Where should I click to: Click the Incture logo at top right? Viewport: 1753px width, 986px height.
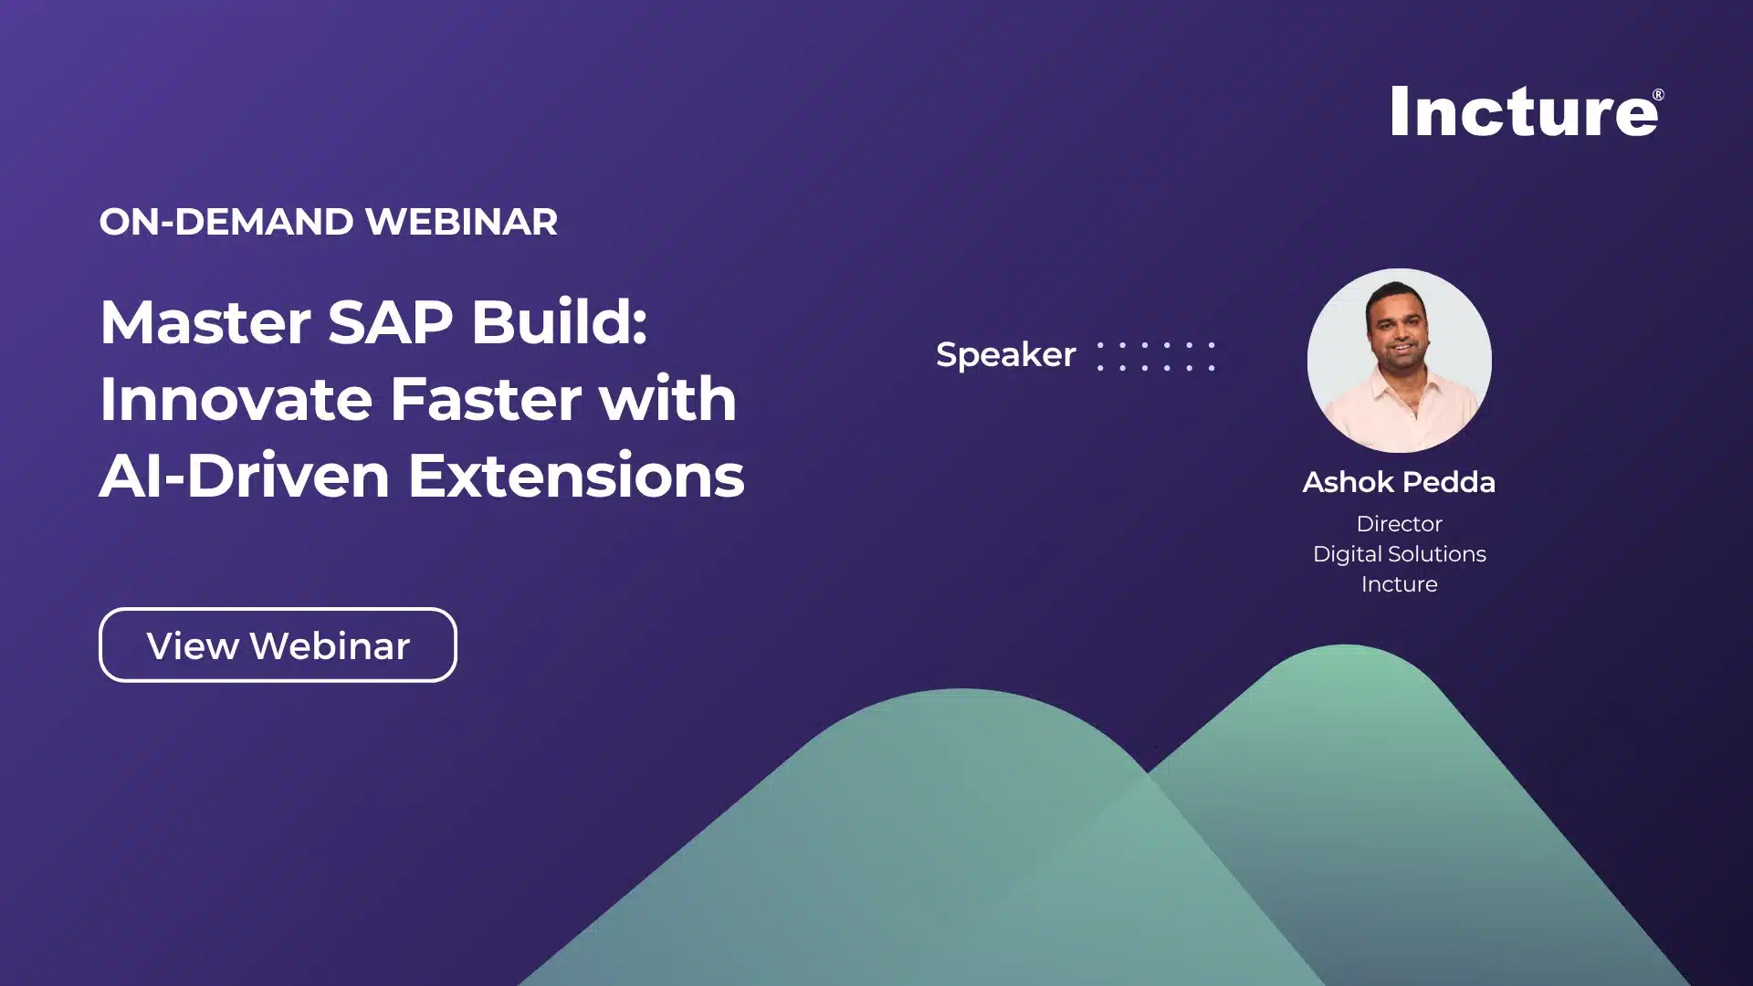pos(1523,112)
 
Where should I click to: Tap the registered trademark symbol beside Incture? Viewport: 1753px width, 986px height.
pos(1658,95)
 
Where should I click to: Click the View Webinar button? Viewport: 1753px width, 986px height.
pos(278,645)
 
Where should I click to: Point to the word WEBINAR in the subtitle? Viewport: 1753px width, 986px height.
pos(460,222)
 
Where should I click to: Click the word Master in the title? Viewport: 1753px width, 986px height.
pos(205,322)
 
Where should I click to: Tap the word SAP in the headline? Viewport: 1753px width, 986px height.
pos(390,322)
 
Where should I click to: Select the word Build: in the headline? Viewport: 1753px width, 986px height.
pos(559,322)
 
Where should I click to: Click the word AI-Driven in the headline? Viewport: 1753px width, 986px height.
pos(244,477)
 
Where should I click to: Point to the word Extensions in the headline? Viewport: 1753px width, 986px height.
pos(576,477)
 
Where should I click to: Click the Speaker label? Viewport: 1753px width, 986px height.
pos(1005,354)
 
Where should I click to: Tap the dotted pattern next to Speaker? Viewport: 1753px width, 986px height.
pos(1156,356)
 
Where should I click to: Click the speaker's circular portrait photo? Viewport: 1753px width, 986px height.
pos(1399,361)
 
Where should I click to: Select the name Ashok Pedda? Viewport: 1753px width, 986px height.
pos(1399,482)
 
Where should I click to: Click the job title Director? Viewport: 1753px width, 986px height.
pos(1399,524)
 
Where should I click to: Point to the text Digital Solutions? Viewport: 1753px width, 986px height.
pos(1399,554)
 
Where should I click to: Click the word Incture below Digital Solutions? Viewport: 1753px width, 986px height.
pos(1399,584)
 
